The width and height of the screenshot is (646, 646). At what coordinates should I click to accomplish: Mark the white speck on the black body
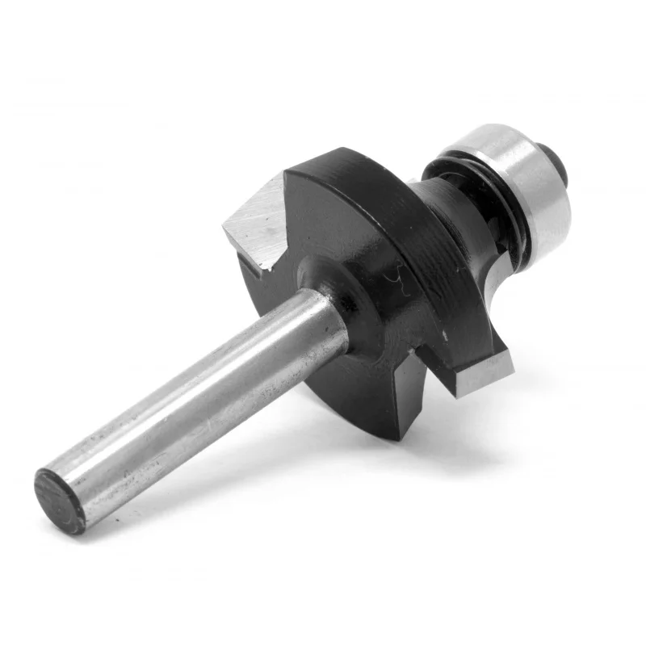coord(443,333)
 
